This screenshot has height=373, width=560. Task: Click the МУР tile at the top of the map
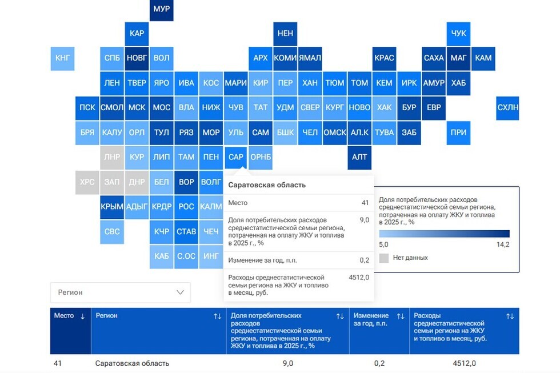click(x=161, y=9)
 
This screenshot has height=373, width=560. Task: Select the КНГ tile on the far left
click(x=62, y=58)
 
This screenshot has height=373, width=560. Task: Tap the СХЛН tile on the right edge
click(x=507, y=108)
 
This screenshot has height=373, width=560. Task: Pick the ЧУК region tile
click(x=458, y=34)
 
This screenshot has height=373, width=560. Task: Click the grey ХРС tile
click(x=87, y=182)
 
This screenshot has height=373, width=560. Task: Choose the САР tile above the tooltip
click(x=235, y=157)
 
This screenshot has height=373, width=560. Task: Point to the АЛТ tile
click(x=359, y=158)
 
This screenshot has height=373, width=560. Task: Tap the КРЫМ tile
click(x=112, y=207)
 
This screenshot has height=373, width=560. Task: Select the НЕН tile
click(x=285, y=34)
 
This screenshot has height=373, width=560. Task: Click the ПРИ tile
click(x=458, y=133)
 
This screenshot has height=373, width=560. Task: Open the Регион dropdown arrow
click(x=181, y=292)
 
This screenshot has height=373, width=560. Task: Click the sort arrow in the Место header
click(x=82, y=316)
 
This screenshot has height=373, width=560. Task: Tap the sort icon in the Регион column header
click(x=217, y=316)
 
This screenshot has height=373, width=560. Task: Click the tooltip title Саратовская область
click(x=267, y=185)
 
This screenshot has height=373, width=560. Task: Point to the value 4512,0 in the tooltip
click(x=359, y=278)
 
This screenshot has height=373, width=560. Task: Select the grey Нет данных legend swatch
click(x=383, y=258)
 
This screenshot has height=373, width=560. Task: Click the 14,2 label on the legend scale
click(x=503, y=244)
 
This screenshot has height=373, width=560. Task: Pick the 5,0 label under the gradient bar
click(x=383, y=244)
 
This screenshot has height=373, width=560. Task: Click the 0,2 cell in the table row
click(x=379, y=363)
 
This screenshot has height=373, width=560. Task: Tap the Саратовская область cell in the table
click(x=132, y=363)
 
